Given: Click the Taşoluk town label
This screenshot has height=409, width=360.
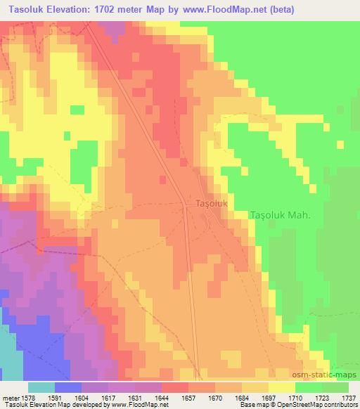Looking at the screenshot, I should [x=210, y=203].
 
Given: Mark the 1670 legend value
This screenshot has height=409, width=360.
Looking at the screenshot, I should [x=216, y=397].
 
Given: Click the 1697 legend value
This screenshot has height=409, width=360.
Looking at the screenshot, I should [x=269, y=397].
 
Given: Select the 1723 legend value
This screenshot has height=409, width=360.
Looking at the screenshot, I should [x=321, y=397].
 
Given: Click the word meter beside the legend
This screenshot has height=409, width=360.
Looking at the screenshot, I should [x=11, y=397].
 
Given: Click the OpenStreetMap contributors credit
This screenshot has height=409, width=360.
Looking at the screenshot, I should [x=321, y=405].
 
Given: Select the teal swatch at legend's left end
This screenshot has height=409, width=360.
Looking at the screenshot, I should [x=41, y=387].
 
